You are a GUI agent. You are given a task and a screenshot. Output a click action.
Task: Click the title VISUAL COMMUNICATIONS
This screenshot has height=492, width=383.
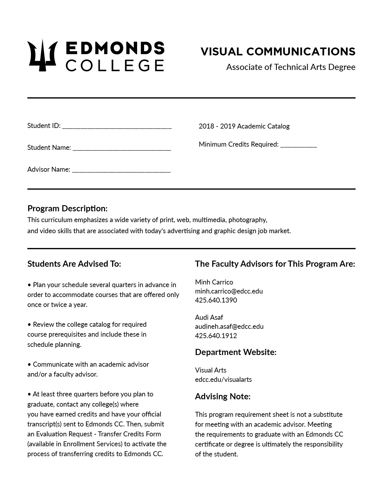tap(278, 52)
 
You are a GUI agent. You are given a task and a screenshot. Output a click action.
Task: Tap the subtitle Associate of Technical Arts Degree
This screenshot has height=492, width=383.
tap(291, 67)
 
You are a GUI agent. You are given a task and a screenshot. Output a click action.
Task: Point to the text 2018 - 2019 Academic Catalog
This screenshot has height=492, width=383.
tap(244, 126)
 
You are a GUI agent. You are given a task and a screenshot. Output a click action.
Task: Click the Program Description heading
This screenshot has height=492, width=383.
tap(67, 208)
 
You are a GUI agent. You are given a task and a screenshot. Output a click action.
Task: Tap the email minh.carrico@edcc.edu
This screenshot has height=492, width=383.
tap(229, 291)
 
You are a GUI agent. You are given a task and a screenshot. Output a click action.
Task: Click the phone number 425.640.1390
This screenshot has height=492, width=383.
tap(216, 300)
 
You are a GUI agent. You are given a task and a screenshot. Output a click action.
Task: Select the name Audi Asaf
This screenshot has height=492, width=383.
tap(209, 317)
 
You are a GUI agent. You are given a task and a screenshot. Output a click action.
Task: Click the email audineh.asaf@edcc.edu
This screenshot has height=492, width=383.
tap(229, 326)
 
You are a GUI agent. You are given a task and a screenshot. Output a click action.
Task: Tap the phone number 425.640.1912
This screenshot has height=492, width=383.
tap(216, 335)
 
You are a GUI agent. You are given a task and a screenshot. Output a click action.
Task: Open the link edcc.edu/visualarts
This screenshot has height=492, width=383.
tap(223, 379)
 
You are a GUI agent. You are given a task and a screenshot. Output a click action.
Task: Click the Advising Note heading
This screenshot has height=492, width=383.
tap(223, 396)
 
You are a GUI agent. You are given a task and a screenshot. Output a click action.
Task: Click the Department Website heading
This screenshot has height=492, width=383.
tap(235, 352)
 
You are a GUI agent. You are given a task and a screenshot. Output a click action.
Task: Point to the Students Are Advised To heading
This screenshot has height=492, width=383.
tap(74, 264)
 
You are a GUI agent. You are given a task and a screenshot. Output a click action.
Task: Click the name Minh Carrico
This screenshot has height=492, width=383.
tap(214, 282)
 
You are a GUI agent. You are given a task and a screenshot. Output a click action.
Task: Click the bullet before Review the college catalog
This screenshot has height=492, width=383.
tap(29, 324)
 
